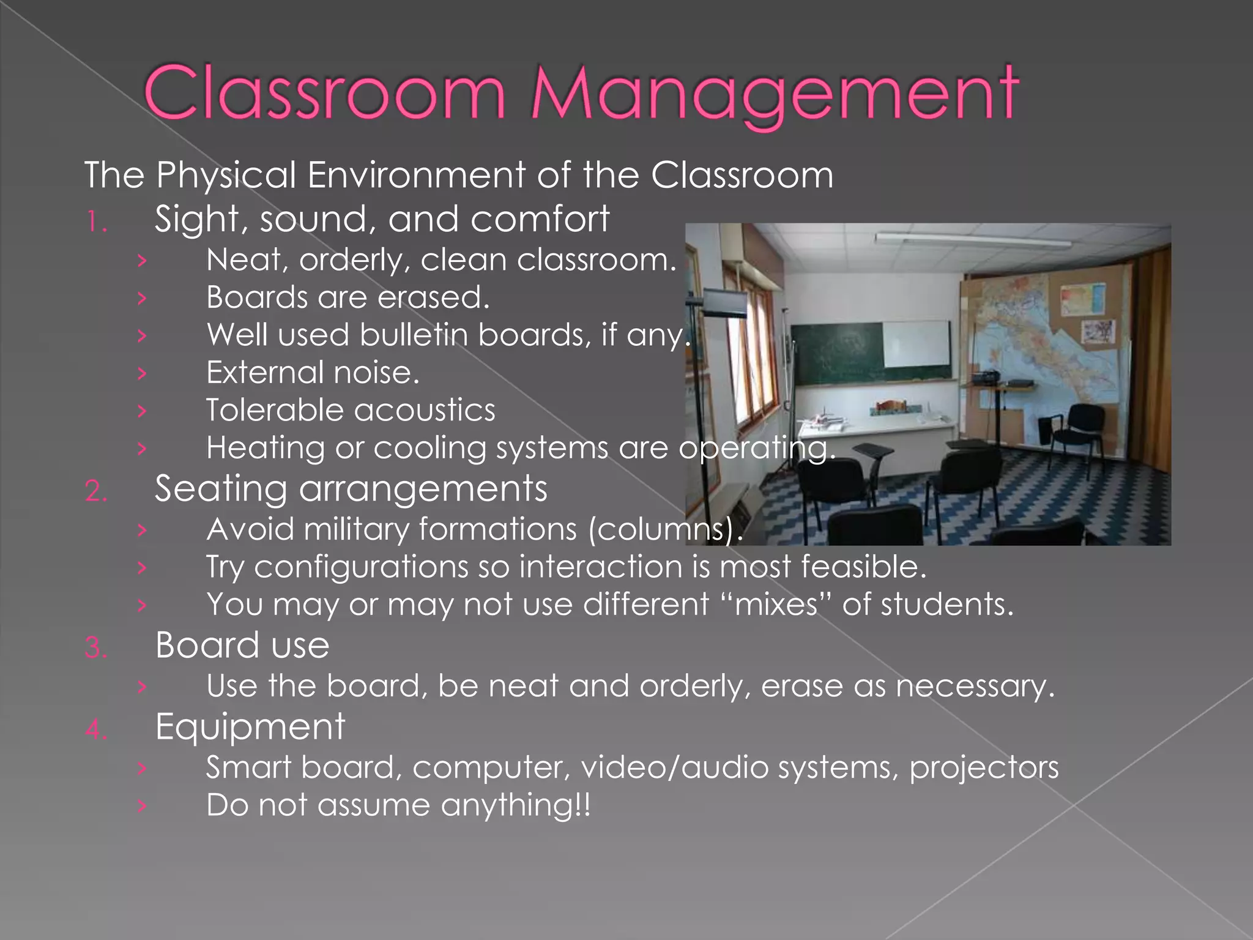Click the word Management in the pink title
tap(775, 95)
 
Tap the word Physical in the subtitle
tap(226, 176)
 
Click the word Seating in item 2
tap(220, 490)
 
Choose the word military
tap(355, 529)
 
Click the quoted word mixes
tap(776, 605)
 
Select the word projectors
tap(984, 768)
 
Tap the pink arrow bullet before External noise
tap(142, 373)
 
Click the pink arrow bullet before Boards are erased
tap(142, 298)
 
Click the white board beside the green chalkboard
tap(918, 346)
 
